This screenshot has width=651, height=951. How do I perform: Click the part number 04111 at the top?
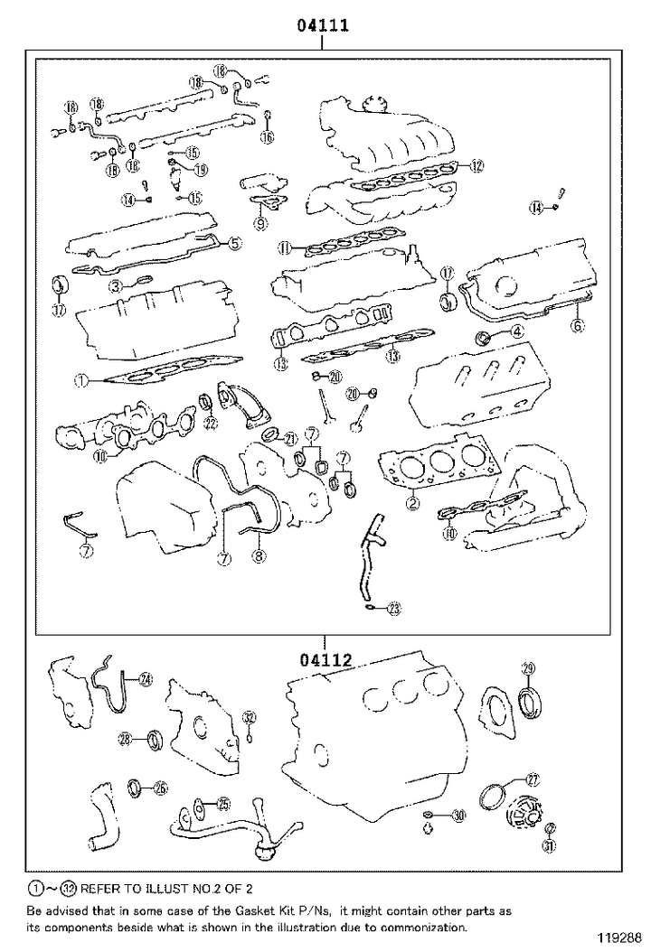tap(325, 26)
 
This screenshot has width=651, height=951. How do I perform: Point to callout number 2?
tap(412, 503)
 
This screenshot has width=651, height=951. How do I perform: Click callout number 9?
tap(260, 222)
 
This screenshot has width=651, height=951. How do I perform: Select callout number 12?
tap(476, 165)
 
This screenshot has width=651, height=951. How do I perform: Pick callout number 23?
tap(393, 610)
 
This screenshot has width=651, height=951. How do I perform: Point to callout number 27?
tap(532, 779)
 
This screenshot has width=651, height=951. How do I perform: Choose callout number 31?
tap(549, 845)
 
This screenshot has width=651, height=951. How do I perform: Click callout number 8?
tap(259, 557)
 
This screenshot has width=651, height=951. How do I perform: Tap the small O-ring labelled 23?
tap(373, 608)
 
